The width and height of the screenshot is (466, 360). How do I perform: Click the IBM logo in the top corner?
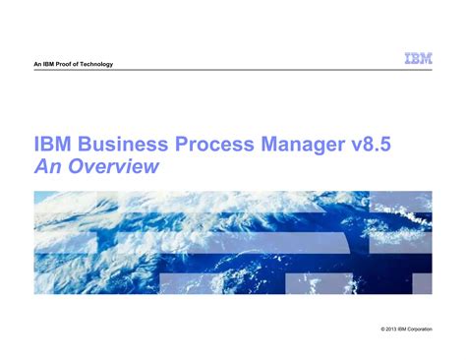click(x=417, y=59)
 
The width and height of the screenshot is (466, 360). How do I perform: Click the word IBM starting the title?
click(x=53, y=146)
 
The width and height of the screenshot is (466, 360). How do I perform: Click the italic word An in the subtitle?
click(x=46, y=168)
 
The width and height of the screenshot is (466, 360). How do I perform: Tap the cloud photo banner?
click(x=233, y=242)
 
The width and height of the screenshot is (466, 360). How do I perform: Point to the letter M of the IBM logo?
click(x=425, y=59)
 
